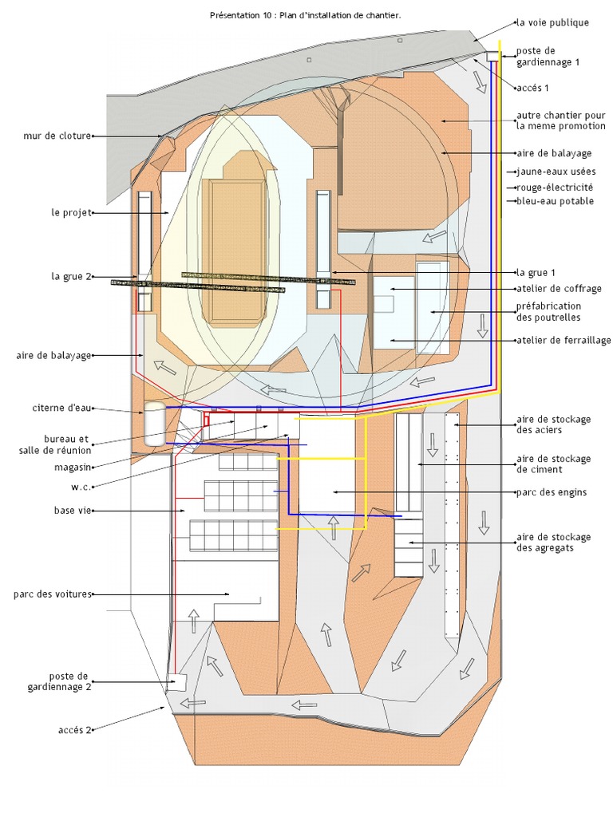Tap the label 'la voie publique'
point(552,22)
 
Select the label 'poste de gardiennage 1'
point(548,56)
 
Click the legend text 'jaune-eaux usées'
point(556,172)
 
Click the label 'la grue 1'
point(536,273)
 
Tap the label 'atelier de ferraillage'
point(564,341)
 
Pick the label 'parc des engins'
point(552,492)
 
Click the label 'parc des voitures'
point(53,594)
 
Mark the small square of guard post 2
point(176,682)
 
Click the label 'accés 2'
point(76,729)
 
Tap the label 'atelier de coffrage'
point(559,288)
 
